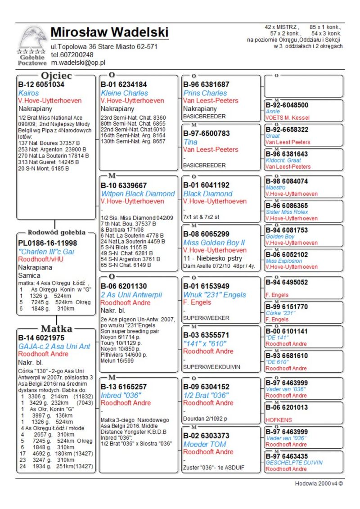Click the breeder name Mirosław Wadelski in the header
109,32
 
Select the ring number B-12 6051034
41,85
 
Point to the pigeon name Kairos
28,93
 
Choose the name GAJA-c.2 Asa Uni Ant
54,346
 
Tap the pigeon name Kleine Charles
124,93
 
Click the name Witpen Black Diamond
138,194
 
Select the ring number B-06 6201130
124,286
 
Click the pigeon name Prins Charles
205,93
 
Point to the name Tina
190,142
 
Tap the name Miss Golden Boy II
214,243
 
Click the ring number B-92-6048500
287,105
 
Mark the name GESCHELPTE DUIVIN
294,462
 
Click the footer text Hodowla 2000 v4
319,484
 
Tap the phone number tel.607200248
72,54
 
